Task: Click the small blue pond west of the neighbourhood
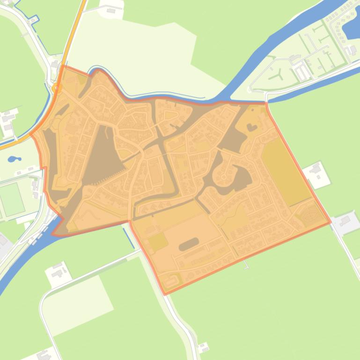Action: tap(14, 159)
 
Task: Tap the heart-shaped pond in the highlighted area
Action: tap(252, 126)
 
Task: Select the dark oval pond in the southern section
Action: tap(189, 244)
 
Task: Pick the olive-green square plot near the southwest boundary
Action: tap(158, 242)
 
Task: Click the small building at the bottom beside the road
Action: tap(204, 347)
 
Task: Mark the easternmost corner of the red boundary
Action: tap(331, 222)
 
